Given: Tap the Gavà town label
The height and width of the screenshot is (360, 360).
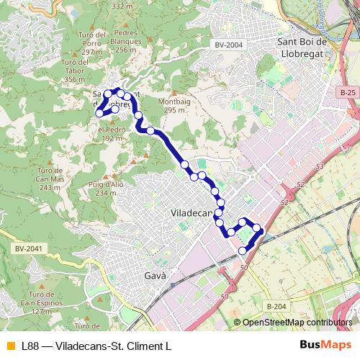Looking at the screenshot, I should coord(156,276).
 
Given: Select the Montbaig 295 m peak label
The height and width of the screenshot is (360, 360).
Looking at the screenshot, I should coord(180,107).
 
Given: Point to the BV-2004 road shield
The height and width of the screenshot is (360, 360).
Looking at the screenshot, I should coord(229,45).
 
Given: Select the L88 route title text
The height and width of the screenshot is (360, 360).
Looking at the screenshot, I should coord(96,345).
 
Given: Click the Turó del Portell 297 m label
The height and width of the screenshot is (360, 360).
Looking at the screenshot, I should coord(91,43).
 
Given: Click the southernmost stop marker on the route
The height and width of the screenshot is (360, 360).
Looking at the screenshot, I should coord(242,250).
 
